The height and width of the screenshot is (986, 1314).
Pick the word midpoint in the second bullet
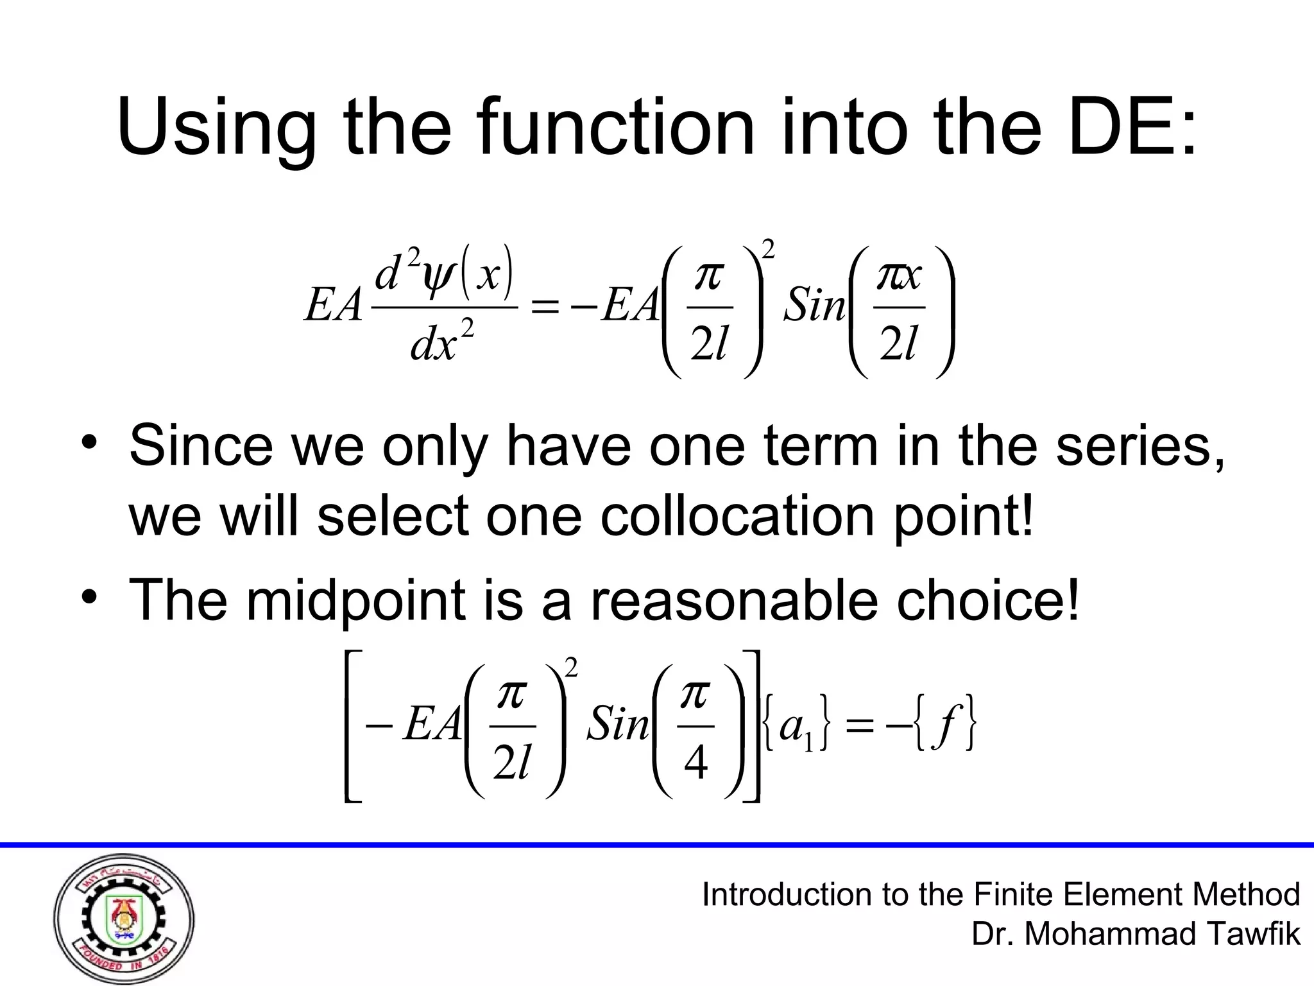pos(355,600)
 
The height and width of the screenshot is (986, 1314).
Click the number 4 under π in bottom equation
pos(696,764)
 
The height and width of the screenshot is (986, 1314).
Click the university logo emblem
pos(124,918)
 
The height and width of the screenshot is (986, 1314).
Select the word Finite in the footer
pos(1014,894)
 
